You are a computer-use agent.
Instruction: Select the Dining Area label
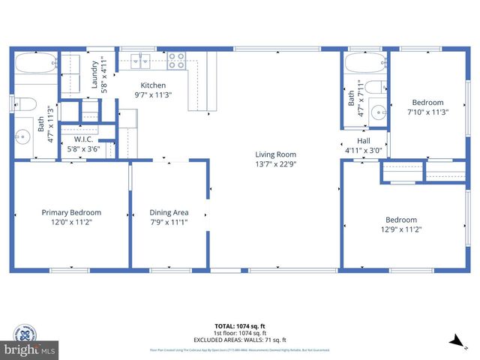click(x=169, y=212)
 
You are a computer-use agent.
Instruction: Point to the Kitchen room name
click(x=152, y=85)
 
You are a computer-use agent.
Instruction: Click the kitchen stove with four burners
click(x=177, y=59)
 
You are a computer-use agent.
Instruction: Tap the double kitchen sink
click(x=140, y=59)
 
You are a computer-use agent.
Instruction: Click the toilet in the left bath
click(x=23, y=103)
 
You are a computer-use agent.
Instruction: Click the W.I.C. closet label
click(x=82, y=139)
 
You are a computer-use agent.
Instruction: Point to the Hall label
click(x=363, y=140)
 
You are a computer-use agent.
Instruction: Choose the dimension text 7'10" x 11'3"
click(x=427, y=112)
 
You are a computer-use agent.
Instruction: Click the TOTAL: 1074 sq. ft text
click(x=240, y=326)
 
